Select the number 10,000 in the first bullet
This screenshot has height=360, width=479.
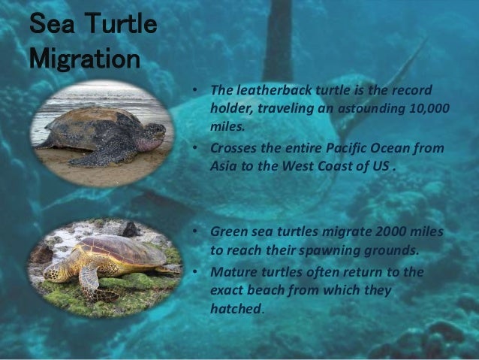click(431, 109)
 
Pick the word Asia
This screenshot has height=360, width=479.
click(224, 166)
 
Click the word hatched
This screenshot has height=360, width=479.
click(234, 308)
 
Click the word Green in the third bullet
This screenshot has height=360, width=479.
click(229, 231)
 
